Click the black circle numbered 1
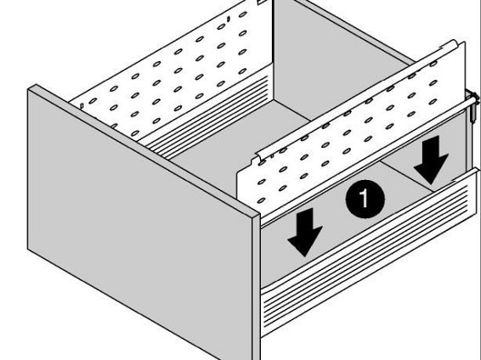pos(365,199)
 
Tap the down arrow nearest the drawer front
pos(304,232)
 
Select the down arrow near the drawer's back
pos(431,160)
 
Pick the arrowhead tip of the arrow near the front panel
pos(304,256)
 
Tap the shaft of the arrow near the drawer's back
pos(433,146)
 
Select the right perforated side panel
pos(353,129)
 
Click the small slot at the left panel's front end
pos(82,106)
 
